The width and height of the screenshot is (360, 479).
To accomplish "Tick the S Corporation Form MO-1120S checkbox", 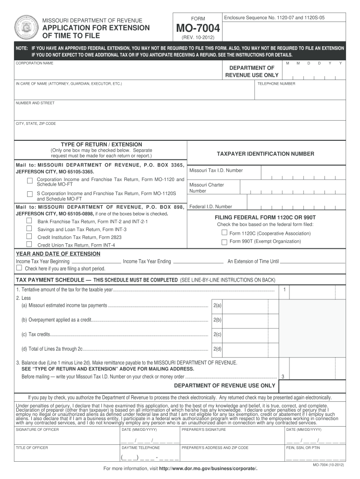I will pos(29,194).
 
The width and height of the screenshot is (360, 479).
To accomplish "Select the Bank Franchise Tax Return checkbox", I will pos(29,220).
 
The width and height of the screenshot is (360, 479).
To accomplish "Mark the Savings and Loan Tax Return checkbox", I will pos(29,228).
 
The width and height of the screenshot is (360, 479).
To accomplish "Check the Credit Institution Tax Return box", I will pos(29,236).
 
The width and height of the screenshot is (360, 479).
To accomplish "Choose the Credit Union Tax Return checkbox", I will pos(29,244).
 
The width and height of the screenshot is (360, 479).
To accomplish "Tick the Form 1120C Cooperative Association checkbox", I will pos(224,232).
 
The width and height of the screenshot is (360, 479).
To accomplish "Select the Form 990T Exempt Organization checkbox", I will pos(224,241).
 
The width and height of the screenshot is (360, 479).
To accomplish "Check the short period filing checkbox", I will pos(19,269).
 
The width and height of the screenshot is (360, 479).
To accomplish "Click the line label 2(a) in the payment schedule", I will pos(217,305).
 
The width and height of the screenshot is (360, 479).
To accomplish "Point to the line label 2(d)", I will pos(217,349).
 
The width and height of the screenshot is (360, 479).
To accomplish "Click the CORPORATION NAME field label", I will pos(35,63).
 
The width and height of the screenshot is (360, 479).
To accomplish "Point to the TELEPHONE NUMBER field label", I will pos(276,84).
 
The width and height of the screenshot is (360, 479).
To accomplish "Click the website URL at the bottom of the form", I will pos(208,468).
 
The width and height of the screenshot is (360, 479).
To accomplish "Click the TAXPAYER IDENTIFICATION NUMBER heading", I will pos(265,154).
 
